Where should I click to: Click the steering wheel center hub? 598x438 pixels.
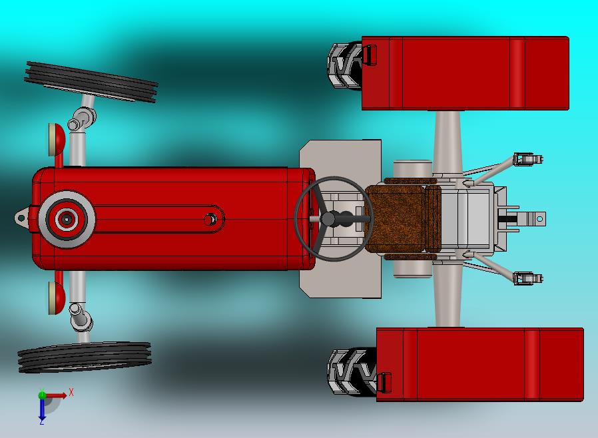328,219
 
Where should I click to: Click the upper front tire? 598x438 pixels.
91,82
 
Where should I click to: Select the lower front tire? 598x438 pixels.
85,357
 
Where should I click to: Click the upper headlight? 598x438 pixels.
57,140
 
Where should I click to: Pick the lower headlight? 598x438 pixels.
57,298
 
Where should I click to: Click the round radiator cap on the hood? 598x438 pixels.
67,219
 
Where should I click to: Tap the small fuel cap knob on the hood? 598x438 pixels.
210,220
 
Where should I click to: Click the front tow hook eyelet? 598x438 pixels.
21,218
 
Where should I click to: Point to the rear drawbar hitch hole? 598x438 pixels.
539,219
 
